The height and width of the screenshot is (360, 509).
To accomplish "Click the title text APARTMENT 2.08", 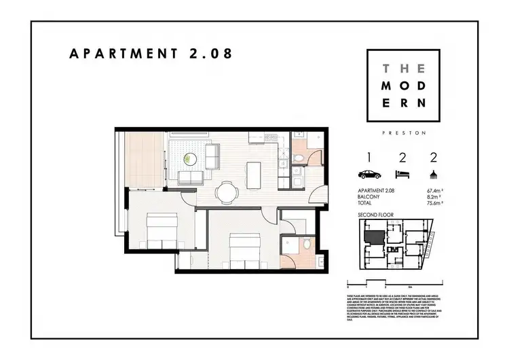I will [151, 54].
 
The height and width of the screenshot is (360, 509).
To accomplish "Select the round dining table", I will [226, 192].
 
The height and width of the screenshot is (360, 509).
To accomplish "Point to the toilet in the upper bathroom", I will [300, 158].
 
